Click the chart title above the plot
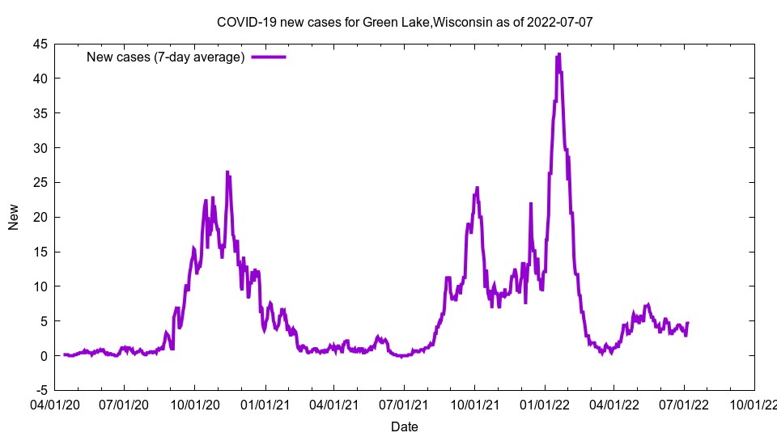(405, 22)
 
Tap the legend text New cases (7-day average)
(165, 57)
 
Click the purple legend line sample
(269, 57)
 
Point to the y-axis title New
(14, 217)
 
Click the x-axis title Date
(405, 426)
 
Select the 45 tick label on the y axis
(39, 44)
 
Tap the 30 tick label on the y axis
(39, 148)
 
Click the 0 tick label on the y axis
(43, 356)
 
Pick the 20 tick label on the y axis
(39, 217)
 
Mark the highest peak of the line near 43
(558, 54)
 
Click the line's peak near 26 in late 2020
(227, 172)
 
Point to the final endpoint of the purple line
(687, 324)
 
